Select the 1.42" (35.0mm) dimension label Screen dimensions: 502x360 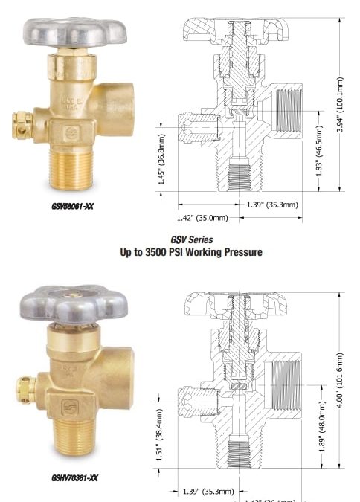point(203,218)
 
